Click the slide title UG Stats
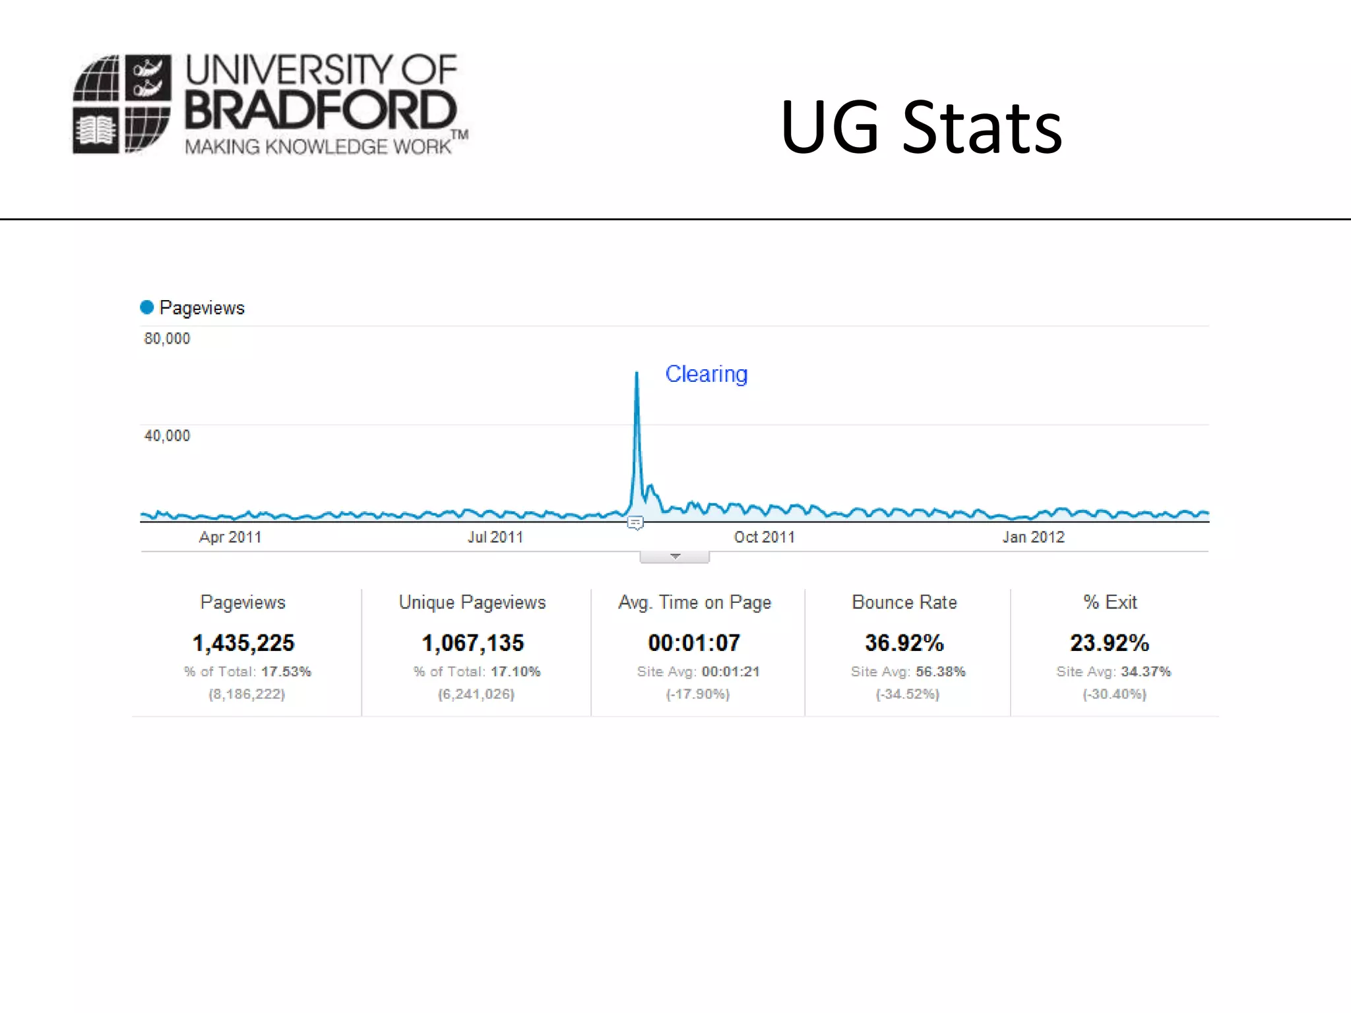921,127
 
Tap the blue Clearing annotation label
706,374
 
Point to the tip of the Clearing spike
637,374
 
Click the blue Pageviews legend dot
147,307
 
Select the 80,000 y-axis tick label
167,338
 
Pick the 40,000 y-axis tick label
167,435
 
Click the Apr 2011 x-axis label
230,537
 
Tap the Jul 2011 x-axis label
495,537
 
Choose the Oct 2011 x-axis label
764,537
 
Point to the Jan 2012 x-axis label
1033,537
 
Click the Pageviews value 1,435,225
243,642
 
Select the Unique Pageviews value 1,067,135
472,642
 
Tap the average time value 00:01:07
694,642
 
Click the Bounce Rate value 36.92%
904,642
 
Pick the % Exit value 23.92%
1110,642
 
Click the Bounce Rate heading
904,602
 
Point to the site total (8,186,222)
247,694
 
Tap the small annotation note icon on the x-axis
635,523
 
